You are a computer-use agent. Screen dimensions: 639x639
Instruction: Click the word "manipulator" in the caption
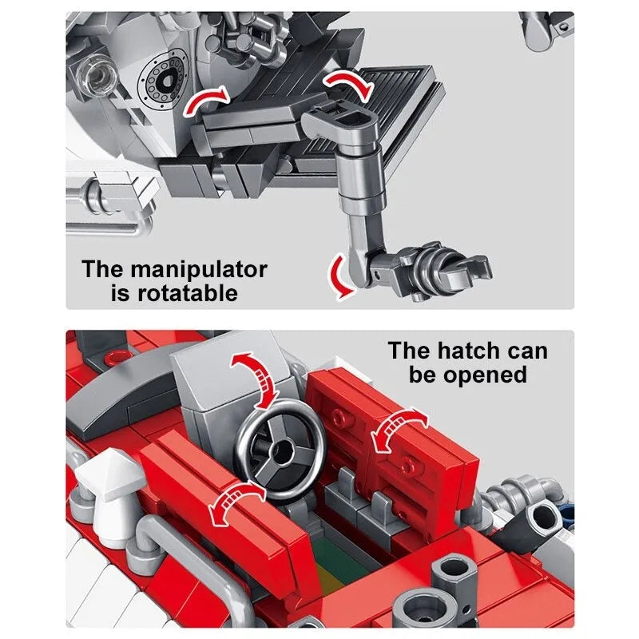[x=199, y=271]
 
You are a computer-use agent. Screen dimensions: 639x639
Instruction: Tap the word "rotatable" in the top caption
[x=188, y=293]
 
